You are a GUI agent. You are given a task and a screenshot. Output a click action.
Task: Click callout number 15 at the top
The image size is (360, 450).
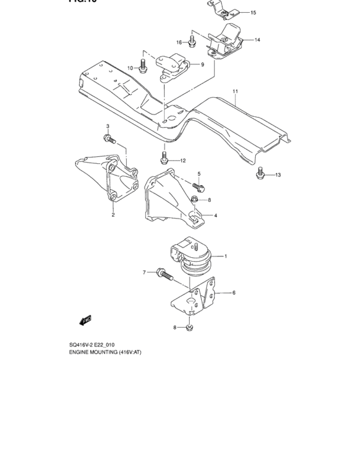coord(253,13)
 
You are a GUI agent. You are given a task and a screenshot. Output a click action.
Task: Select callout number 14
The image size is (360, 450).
coord(256,40)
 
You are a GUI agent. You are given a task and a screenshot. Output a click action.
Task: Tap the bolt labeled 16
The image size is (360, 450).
coord(192,42)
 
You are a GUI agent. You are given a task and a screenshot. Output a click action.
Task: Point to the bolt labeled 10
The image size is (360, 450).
coord(143,66)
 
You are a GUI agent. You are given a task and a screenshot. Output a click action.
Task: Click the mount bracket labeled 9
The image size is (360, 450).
coord(172,66)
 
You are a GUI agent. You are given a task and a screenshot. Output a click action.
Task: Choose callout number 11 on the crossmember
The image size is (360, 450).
coord(235,92)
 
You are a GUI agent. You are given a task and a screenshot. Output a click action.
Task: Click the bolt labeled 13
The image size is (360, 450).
coord(260,174)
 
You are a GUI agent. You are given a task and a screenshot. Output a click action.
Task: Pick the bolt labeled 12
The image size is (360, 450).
coord(165,157)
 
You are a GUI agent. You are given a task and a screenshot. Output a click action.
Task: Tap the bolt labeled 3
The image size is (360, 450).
coord(107,138)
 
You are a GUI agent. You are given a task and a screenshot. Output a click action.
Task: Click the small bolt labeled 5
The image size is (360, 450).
coord(199,187)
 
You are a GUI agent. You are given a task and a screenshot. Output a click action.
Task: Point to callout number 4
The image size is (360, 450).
coord(216,215)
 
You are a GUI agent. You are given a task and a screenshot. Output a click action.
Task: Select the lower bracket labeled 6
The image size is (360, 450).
coord(193,301)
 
